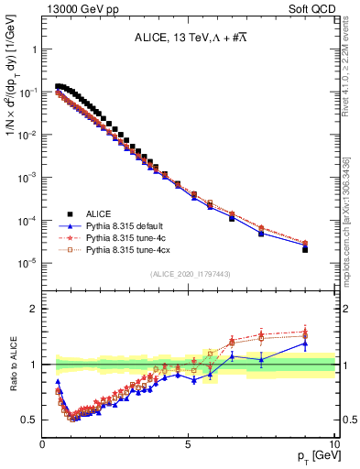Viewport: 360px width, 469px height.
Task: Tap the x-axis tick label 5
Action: (x=189, y=443)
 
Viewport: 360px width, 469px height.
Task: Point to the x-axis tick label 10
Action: (x=333, y=443)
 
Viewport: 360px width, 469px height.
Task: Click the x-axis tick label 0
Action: (x=43, y=443)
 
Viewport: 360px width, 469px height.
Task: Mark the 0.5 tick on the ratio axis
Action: (x=30, y=420)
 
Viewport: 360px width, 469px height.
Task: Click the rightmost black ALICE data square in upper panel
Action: (x=305, y=249)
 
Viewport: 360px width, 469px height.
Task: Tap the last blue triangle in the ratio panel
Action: (x=305, y=343)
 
